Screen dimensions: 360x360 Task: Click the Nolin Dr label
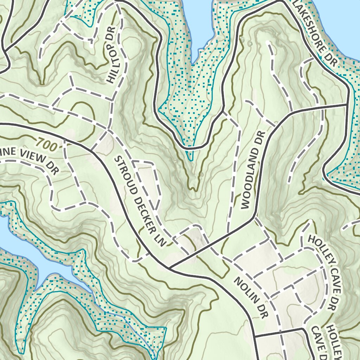coord(251,298)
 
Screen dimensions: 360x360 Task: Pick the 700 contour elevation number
coord(46,144)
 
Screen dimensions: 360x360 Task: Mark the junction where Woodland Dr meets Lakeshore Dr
coord(348,104)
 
